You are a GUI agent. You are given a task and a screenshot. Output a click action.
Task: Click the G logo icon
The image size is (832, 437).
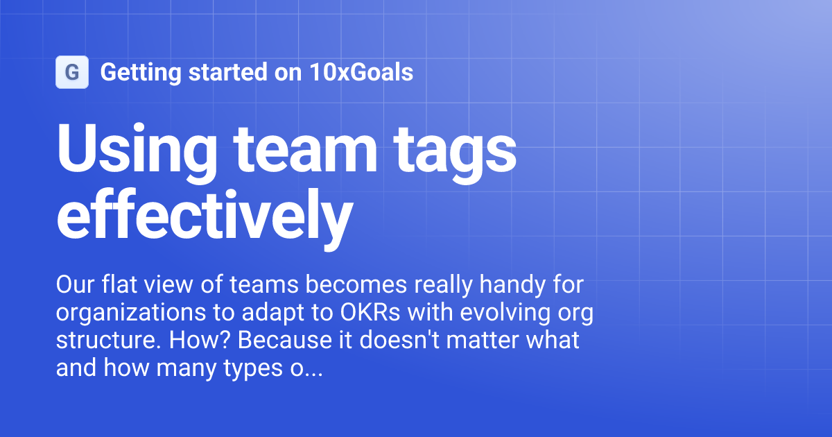(71, 72)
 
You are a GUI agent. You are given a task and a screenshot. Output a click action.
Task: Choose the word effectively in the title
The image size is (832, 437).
(203, 212)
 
